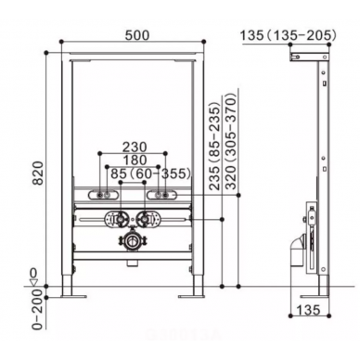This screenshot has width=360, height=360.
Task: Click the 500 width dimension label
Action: click(137, 35)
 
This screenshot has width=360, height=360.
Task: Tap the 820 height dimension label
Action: click(39, 174)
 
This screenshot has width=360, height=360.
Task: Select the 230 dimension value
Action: click(135, 148)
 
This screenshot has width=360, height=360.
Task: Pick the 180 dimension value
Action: click(135, 161)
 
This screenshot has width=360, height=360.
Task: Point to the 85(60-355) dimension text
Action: click(150, 174)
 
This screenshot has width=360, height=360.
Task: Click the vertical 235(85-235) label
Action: click(214, 148)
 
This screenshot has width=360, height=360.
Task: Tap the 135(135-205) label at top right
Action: click(289, 35)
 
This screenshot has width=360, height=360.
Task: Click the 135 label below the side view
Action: click(308, 309)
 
